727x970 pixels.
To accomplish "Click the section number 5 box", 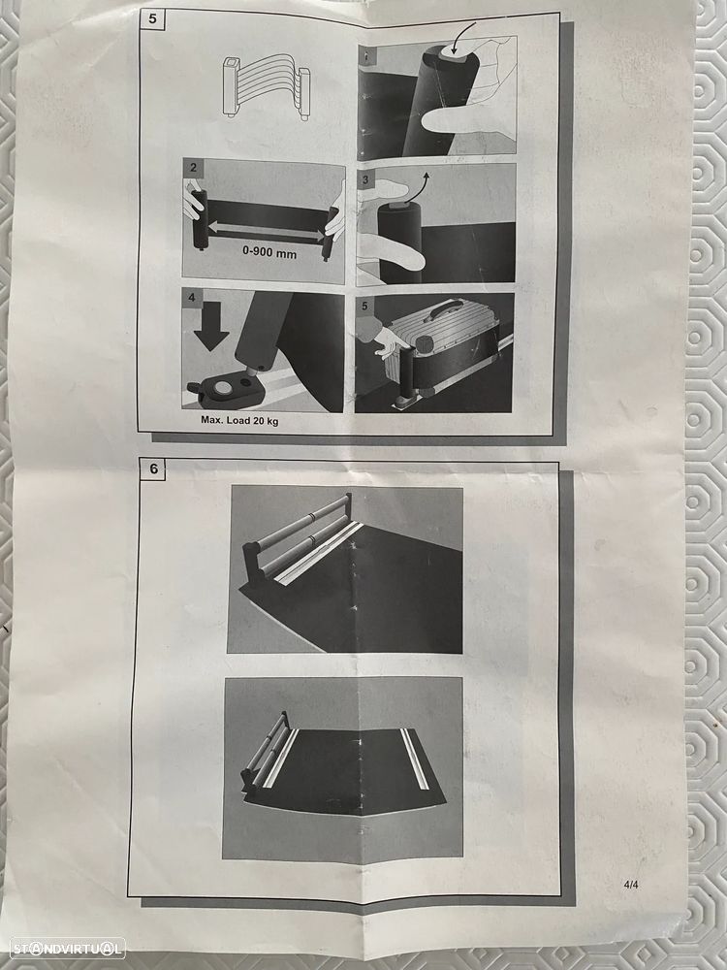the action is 153,18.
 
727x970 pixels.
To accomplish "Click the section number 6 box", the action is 153,469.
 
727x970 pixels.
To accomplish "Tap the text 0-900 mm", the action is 269,253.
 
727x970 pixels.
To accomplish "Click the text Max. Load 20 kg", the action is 239,420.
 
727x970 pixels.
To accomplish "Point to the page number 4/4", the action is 631,885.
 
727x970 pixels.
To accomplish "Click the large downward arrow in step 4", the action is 210,330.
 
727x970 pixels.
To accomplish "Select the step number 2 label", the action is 194,167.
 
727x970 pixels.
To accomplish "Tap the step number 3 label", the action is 365,180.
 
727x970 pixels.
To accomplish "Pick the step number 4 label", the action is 192,298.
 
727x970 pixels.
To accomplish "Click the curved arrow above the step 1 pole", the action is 461,39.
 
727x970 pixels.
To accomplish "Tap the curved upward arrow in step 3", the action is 417,185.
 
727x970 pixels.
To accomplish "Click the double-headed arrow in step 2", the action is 266,232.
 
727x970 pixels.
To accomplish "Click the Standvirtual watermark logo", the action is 68,948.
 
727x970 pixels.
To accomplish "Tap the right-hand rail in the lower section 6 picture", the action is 415,759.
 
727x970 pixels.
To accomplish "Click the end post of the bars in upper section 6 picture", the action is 251,560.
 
